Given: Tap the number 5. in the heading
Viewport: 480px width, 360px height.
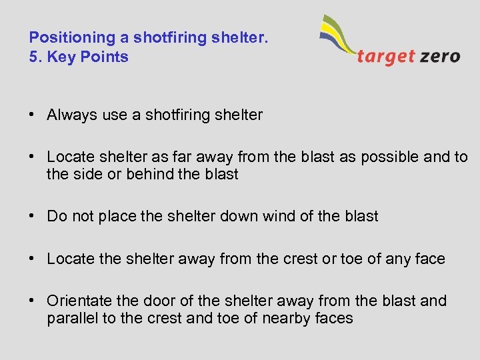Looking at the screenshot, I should (35, 57).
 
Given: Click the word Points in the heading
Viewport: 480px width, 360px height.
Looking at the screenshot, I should (104, 57).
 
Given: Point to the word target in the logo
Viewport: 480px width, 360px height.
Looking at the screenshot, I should (386, 56).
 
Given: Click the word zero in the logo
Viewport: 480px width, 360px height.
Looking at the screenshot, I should (440, 56).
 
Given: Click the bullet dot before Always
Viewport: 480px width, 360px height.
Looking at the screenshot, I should (33, 115).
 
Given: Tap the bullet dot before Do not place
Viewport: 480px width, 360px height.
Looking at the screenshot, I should (33, 216).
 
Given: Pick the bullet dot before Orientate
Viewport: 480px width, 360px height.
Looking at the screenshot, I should (33, 301).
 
